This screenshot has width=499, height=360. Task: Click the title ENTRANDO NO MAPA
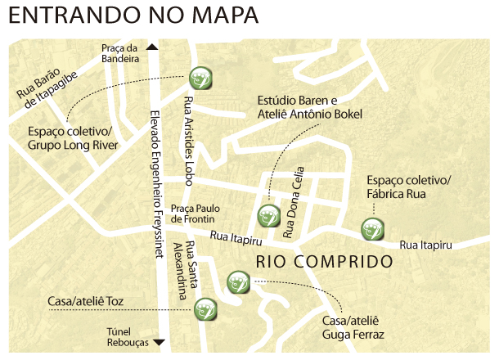pyautogui.click(x=134, y=16)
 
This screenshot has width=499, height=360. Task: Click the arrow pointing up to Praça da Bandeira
pyautogui.click(x=152, y=47)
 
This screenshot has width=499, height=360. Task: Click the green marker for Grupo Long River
pyautogui.click(x=200, y=78)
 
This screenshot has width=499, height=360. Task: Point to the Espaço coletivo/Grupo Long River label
pyautogui.click(x=73, y=138)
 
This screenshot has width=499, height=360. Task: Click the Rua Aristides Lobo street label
pyautogui.click(x=189, y=131)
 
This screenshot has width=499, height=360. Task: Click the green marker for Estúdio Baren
pyautogui.click(x=268, y=217)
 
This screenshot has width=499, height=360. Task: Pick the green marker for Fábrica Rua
pyautogui.click(x=372, y=230)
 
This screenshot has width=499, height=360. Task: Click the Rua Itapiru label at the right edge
pyautogui.click(x=425, y=245)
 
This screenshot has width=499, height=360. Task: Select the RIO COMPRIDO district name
pyautogui.click(x=325, y=263)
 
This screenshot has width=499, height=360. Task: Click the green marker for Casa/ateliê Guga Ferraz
pyautogui.click(x=236, y=282)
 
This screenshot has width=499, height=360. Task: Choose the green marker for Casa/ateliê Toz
pyautogui.click(x=205, y=308)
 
